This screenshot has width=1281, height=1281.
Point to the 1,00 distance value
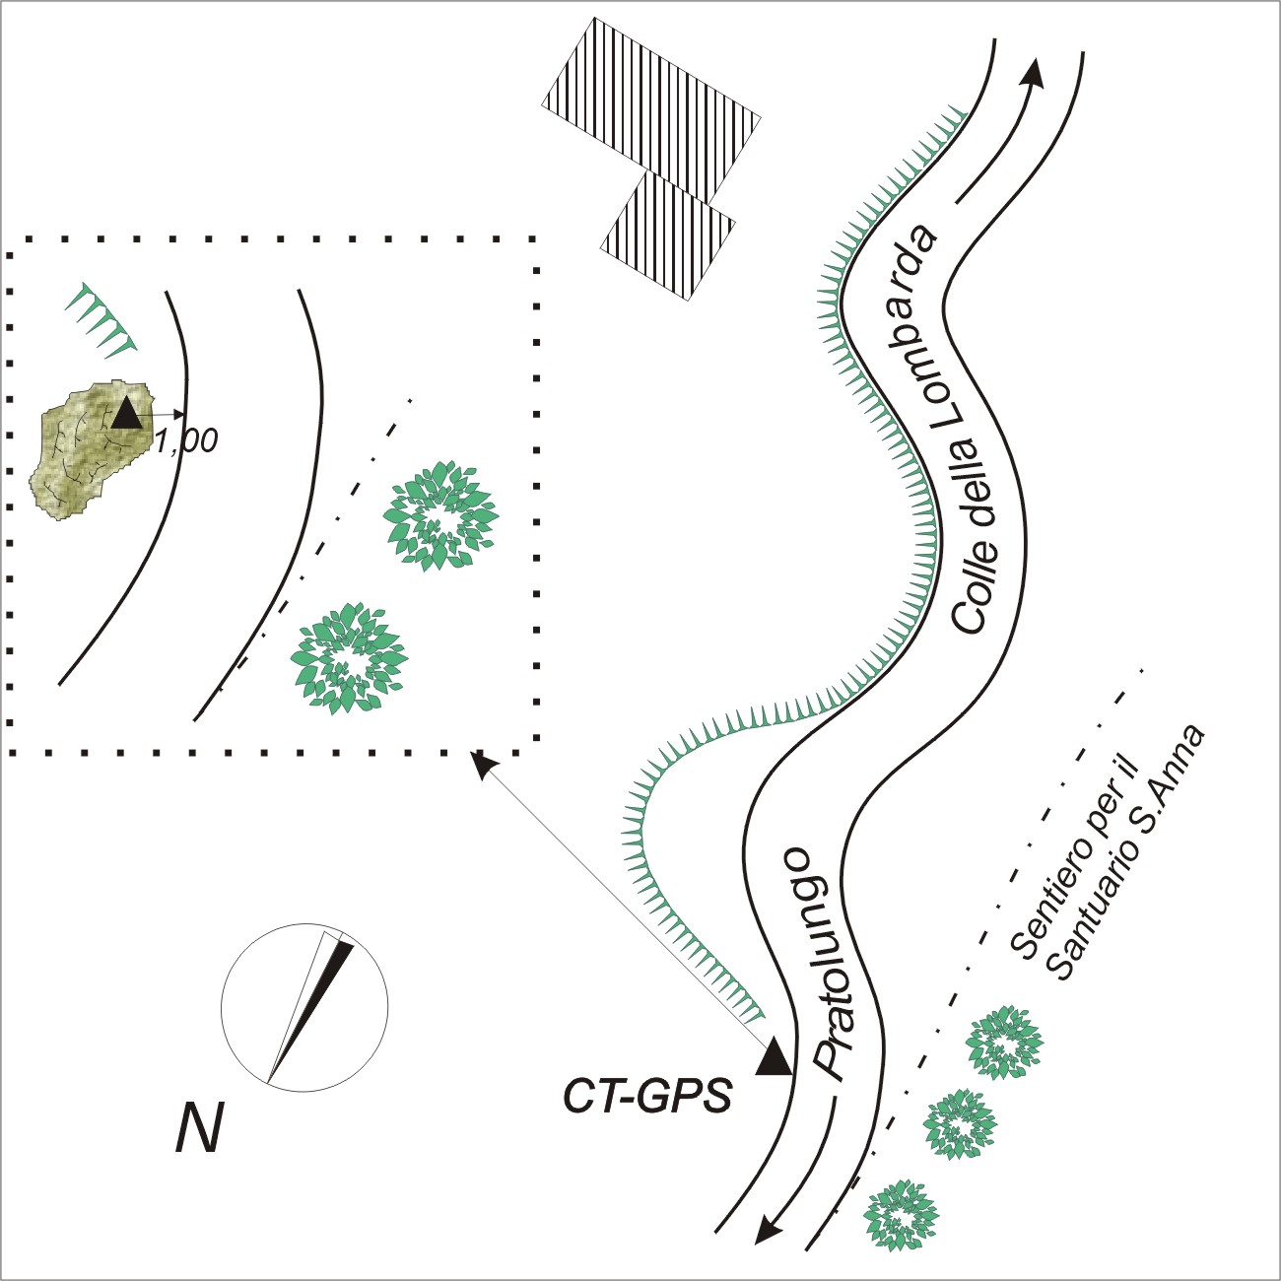(x=187, y=440)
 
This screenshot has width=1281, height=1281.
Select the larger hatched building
(x=650, y=109)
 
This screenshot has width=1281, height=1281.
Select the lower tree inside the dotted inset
(x=348, y=658)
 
